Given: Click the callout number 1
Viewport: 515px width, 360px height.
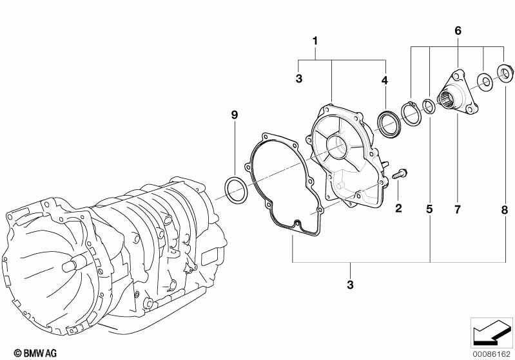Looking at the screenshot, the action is tap(315, 41).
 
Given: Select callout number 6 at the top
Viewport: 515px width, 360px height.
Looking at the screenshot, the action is tap(458, 30).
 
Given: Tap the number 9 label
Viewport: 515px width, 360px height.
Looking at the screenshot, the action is tap(234, 115).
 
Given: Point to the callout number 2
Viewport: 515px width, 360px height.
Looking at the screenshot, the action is tap(398, 208).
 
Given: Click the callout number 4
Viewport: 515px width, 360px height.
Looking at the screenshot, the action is tap(385, 80).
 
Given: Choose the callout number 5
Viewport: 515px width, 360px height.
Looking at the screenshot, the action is tap(430, 209).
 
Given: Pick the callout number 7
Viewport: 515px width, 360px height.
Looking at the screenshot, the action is tap(458, 209).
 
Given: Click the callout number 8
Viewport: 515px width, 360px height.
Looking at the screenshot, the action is tap(505, 210).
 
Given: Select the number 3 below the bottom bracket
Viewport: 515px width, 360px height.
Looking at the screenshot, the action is tap(350, 284).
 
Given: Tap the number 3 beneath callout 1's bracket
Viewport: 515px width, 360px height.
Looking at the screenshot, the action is tap(299, 79).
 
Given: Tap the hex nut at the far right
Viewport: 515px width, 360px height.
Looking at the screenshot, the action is tap(505, 72).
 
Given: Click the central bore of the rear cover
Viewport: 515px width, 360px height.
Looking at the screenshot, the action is tap(337, 146).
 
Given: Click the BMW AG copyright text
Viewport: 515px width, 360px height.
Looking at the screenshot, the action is tap(35, 353).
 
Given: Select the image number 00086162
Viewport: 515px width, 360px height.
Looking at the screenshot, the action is tap(492, 354).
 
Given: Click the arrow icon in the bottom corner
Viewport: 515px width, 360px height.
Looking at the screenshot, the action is tap(492, 332).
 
